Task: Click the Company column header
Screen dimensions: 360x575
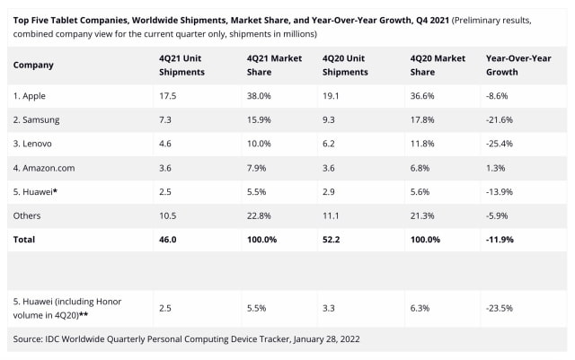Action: [x=33, y=65]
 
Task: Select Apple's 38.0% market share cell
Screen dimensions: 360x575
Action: [x=261, y=94]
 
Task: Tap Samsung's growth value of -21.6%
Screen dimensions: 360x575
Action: [x=500, y=119]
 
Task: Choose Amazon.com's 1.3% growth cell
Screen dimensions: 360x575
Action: [x=495, y=167]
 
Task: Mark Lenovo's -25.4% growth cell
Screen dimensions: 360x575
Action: [x=500, y=143]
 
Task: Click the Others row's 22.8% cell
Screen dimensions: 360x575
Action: [x=261, y=215]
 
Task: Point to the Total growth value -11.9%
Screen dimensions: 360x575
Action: [x=500, y=240]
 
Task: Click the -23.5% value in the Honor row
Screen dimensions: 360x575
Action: [x=500, y=308]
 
